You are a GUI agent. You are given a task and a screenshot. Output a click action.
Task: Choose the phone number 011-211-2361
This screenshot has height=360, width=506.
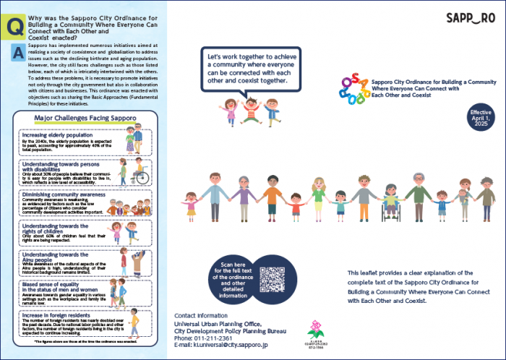214,338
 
